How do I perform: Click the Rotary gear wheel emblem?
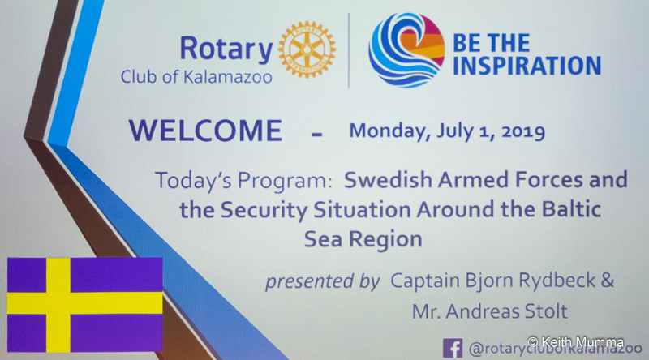point(307,49)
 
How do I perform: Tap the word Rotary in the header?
point(226,49)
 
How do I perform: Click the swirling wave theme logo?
point(406,50)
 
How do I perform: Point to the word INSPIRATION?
point(527,66)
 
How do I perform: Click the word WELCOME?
point(206,131)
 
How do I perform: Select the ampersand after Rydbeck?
point(607,281)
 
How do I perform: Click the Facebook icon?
point(453,348)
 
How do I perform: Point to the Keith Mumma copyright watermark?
point(576,342)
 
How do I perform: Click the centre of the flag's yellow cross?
point(58,303)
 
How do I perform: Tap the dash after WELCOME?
point(316,134)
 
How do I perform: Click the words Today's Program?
point(243,181)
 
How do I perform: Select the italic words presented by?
point(322,281)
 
